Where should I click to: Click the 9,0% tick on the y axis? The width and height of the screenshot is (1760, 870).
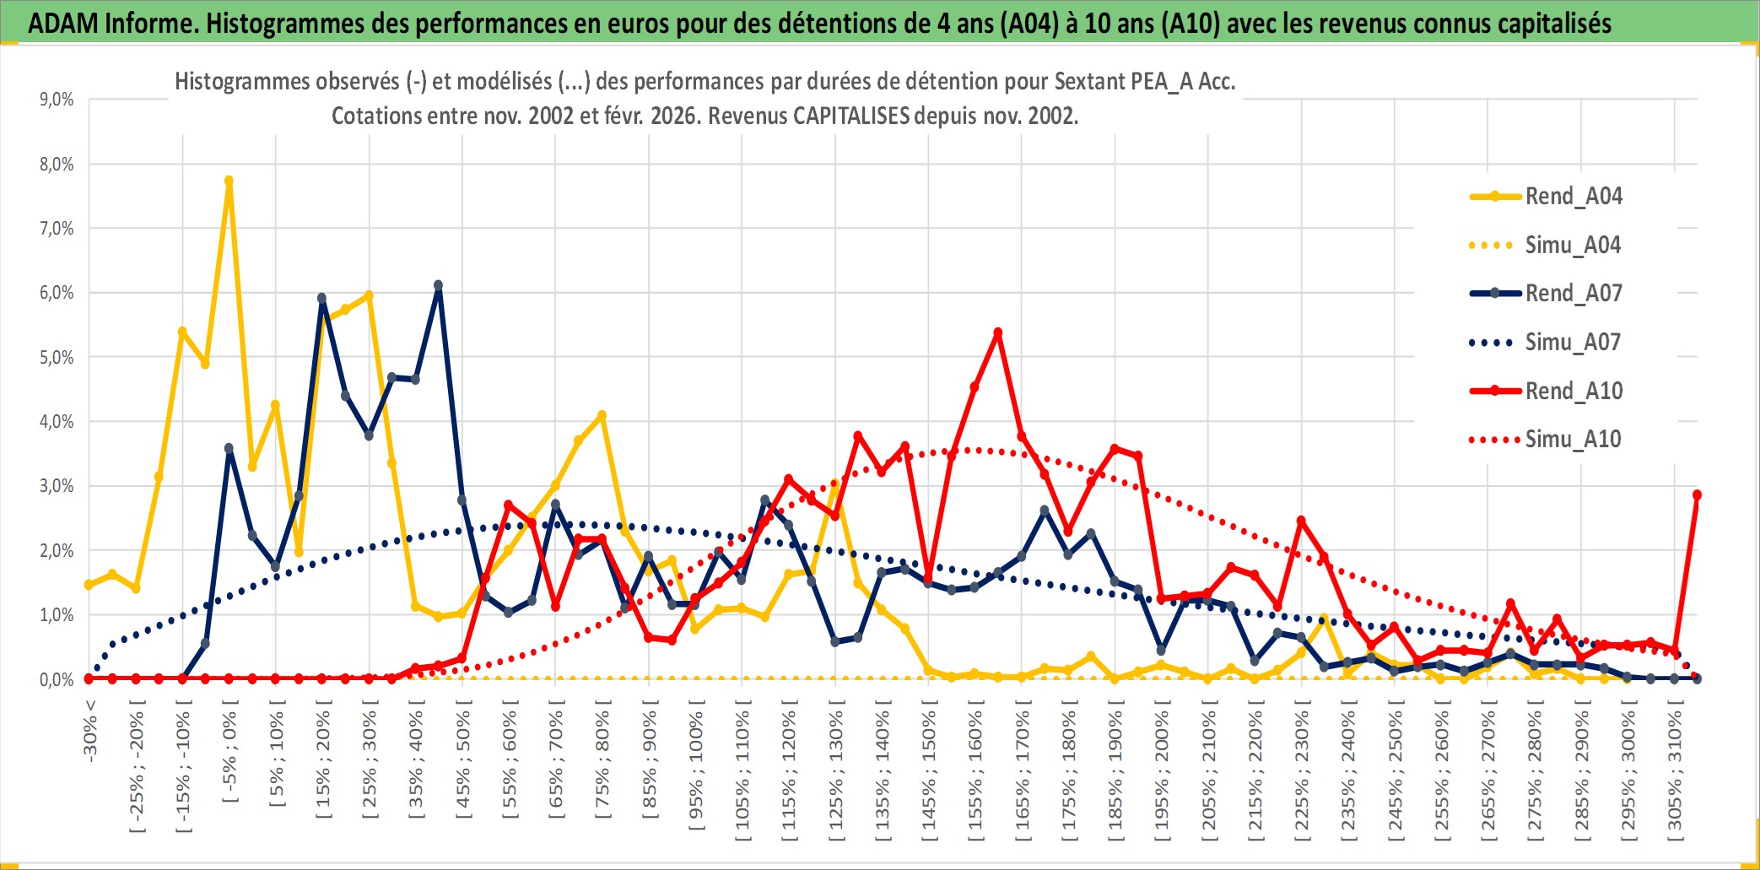point(57,100)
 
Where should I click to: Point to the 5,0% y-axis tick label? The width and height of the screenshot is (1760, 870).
point(57,358)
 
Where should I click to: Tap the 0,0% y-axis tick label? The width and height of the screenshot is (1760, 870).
point(57,680)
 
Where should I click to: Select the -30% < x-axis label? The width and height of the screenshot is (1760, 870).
point(90,731)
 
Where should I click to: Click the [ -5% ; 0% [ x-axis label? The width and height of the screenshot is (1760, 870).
point(229,757)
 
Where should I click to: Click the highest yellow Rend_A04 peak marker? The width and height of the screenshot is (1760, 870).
point(229,181)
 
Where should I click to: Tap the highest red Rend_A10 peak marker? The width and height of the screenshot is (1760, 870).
point(998,332)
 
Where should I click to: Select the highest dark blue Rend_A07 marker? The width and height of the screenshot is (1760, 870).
point(438,285)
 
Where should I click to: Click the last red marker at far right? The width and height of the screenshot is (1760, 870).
point(1697,495)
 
